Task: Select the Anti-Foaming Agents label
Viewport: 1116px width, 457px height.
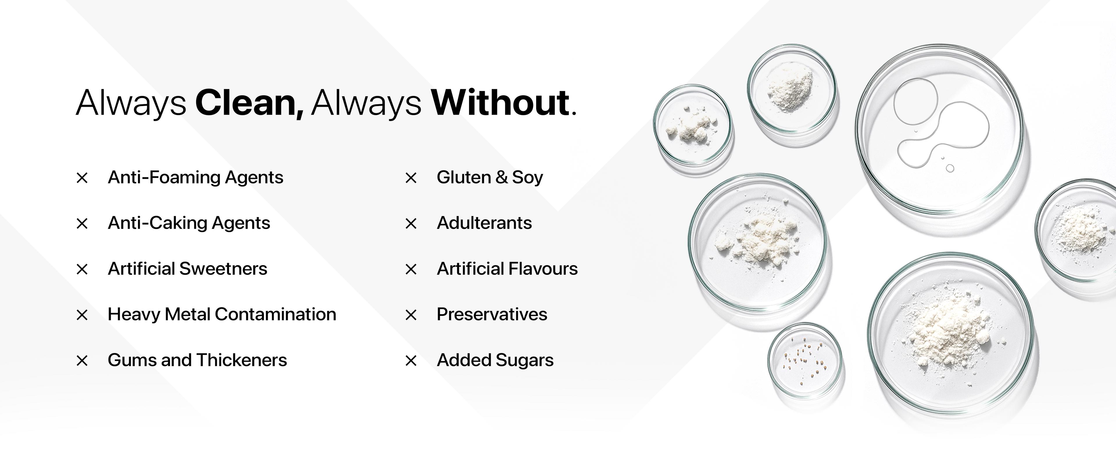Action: point(195,177)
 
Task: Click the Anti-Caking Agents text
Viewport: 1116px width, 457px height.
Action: point(189,223)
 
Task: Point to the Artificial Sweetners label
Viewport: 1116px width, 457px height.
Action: point(187,269)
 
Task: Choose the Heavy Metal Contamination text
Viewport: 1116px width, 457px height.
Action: point(222,314)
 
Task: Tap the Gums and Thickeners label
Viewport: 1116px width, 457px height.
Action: point(197,360)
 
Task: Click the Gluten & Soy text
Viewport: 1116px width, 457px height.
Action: point(489,177)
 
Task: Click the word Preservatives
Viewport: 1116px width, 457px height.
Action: point(492,314)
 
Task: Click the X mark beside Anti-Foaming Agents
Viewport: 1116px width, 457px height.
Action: point(82,178)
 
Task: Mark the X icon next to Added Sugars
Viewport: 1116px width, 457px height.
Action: point(411,361)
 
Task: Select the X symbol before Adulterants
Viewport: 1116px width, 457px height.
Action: point(411,224)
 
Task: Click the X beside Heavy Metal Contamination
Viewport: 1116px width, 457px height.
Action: point(82,315)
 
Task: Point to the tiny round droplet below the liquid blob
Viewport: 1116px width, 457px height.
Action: point(950,168)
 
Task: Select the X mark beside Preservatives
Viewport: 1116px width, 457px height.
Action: point(411,315)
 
